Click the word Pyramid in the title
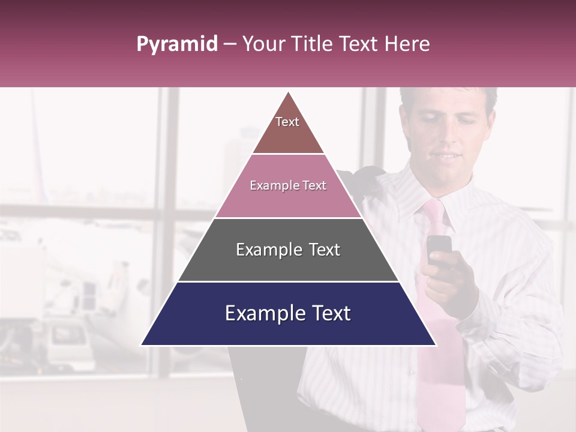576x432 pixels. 177,44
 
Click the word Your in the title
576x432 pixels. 263,44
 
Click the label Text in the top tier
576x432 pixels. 287,122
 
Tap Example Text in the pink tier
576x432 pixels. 288,185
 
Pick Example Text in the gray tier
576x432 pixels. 288,250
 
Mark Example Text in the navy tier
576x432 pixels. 288,313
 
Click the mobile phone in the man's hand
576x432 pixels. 439,248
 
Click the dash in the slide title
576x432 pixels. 230,44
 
